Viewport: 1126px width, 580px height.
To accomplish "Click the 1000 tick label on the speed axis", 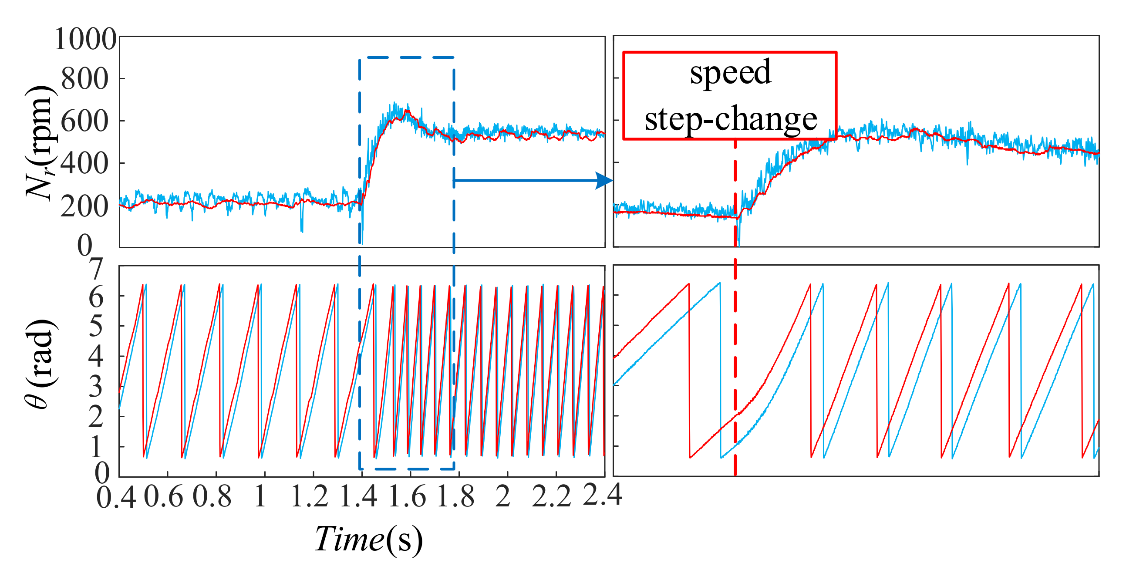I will click(85, 39).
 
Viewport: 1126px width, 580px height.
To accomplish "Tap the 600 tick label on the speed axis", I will click(85, 121).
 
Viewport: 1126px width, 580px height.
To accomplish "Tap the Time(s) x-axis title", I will click(368, 540).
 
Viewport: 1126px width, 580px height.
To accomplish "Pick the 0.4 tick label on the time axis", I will click(116, 497).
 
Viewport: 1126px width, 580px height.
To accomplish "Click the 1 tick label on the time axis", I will click(260, 496).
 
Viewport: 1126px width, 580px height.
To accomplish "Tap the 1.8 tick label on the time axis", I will click(455, 496).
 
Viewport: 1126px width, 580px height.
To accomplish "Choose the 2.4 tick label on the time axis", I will click(602, 496).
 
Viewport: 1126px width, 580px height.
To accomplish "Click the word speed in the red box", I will click(730, 73).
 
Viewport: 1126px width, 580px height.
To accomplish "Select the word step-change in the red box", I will click(730, 119).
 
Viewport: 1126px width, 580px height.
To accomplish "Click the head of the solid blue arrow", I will click(605, 180).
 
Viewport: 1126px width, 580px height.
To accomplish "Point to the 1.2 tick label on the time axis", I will click(310, 496).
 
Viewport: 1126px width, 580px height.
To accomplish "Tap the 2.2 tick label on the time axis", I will click(552, 496).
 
